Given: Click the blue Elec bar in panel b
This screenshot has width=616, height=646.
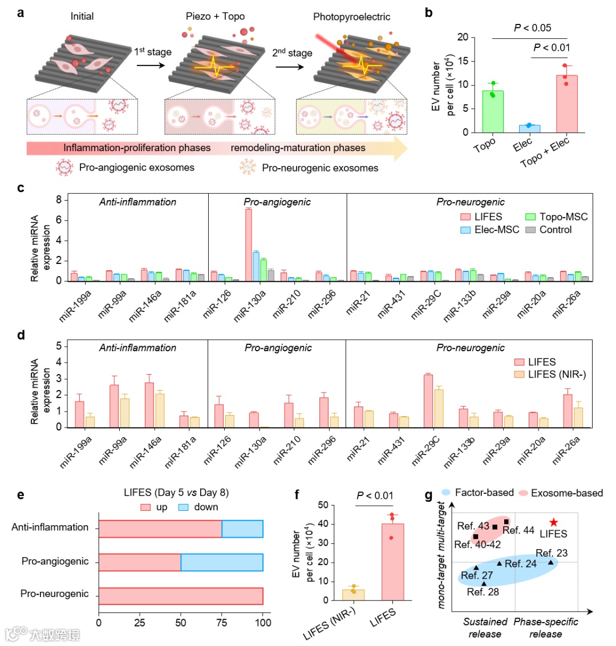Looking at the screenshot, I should (x=529, y=128).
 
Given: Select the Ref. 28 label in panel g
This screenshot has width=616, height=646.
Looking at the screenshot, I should (x=483, y=592).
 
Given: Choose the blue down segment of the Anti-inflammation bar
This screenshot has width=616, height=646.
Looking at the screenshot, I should (x=242, y=529).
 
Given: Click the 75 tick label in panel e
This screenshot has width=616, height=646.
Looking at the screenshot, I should (x=222, y=623).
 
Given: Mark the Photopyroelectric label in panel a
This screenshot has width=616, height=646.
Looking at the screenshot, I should (x=352, y=17).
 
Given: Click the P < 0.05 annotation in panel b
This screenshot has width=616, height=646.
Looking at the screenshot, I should (x=533, y=27).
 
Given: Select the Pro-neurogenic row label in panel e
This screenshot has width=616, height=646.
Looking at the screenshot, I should (x=55, y=594).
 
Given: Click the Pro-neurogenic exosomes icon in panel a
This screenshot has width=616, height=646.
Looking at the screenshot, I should (x=248, y=168).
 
